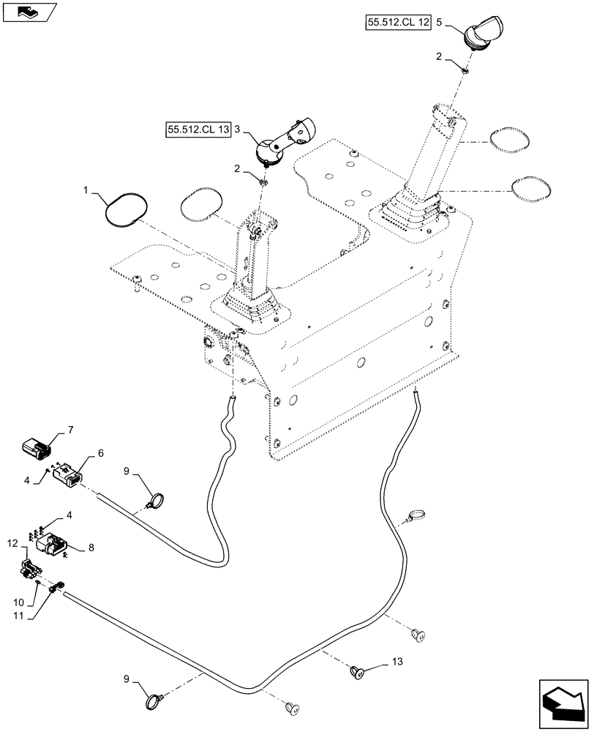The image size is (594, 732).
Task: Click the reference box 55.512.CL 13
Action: [x=198, y=130]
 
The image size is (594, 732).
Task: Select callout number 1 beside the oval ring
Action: [x=86, y=190]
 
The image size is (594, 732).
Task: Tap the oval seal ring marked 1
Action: [x=124, y=208]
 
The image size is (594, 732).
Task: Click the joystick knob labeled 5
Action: [x=484, y=32]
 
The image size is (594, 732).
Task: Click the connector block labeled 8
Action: [x=52, y=548]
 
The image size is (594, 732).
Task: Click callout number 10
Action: [x=17, y=602]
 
